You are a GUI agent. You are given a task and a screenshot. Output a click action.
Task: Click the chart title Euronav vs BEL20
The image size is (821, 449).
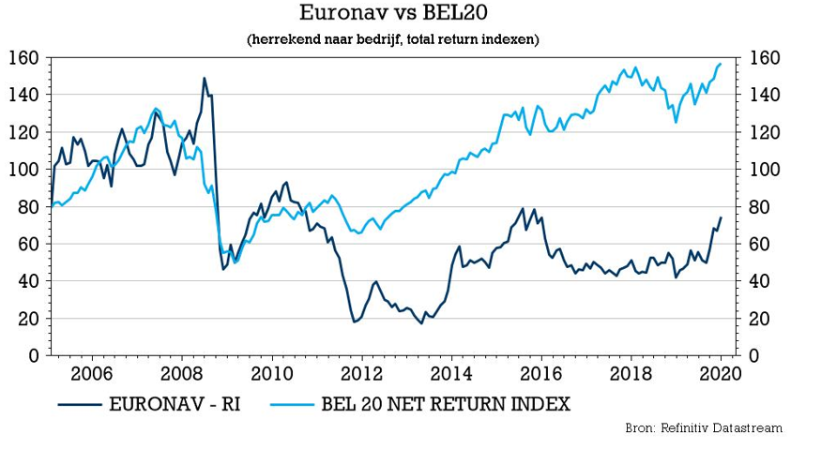tap(392, 14)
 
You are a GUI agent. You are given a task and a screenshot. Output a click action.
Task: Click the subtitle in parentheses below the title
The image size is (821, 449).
tap(392, 40)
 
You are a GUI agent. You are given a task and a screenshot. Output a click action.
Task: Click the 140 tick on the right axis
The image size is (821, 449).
tap(761, 96)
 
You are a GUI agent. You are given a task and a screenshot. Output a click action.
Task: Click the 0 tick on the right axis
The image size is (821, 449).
tap(752, 355)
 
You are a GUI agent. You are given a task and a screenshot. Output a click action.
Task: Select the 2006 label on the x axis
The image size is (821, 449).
tap(94, 373)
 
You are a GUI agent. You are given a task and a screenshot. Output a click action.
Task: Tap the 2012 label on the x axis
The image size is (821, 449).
tap(361, 373)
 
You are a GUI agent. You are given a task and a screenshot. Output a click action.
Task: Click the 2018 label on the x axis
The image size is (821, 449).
tap(628, 373)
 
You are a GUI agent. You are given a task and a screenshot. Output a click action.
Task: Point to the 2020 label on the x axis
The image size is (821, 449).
tap(718, 373)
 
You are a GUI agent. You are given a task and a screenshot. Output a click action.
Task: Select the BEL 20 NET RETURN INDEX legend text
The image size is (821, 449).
tap(445, 405)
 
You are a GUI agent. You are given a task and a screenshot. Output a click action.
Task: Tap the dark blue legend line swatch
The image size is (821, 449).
tap(80, 405)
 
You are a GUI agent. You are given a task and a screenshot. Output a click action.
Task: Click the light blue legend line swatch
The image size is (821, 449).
tap(292, 405)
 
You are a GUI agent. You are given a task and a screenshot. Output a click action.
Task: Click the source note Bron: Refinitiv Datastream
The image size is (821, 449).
tap(704, 428)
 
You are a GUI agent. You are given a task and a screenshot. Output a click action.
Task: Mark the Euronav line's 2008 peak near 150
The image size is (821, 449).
tap(205, 78)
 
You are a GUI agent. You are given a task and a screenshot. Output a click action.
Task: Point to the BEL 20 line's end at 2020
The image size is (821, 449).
tap(721, 64)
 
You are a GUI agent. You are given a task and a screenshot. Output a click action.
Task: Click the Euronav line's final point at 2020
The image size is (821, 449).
tap(721, 217)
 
